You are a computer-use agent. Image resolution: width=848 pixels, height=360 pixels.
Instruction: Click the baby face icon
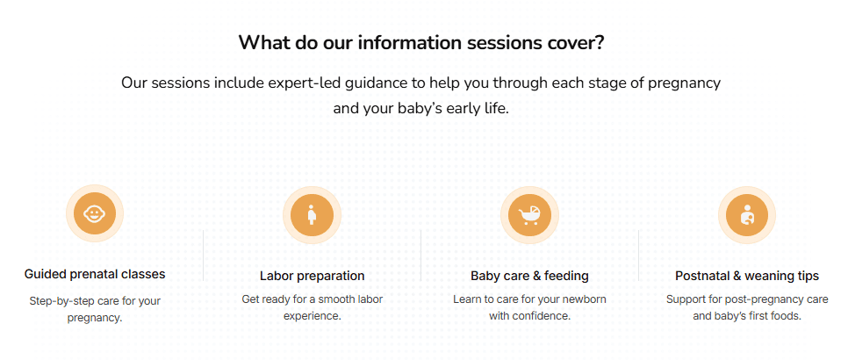(94, 213)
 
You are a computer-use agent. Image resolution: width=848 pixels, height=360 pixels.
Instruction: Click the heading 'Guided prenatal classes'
(94, 274)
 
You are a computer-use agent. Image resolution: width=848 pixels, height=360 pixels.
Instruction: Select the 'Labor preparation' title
(312, 276)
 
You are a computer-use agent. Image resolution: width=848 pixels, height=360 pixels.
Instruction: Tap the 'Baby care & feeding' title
(529, 276)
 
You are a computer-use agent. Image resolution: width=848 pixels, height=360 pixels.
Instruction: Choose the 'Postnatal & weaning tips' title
(747, 276)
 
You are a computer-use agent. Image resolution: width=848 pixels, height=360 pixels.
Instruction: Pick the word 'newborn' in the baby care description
(584, 299)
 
